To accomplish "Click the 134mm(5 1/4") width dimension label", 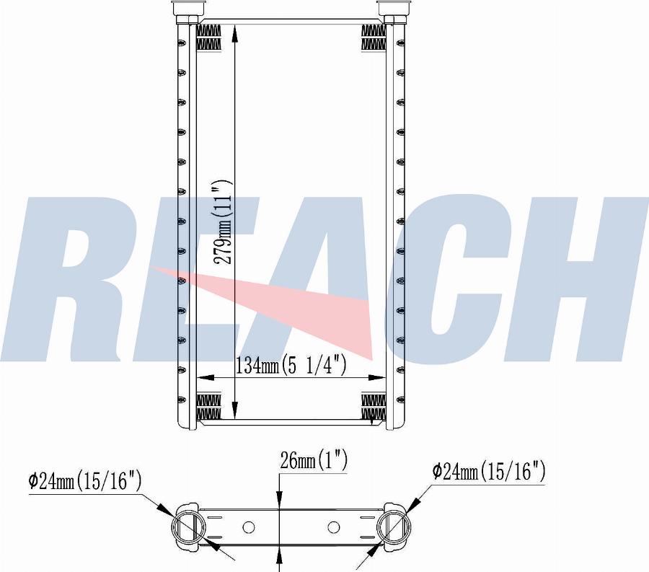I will tap(291, 366).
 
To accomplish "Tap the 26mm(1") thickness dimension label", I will tap(314, 460).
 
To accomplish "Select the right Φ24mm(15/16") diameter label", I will tap(489, 472).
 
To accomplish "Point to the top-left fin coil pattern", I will tap(208, 38).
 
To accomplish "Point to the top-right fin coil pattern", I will tap(373, 38).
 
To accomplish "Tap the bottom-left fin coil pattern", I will tap(208, 406).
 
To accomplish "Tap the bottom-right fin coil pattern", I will tap(373, 406).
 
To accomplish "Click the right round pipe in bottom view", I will tap(394, 526).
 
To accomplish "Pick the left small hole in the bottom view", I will tap(249, 527).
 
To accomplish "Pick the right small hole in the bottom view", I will tap(333, 527).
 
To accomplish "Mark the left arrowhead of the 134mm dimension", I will tap(202, 377).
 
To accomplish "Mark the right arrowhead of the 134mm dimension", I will tap(380, 377).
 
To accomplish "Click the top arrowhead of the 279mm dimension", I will tap(235, 29).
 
